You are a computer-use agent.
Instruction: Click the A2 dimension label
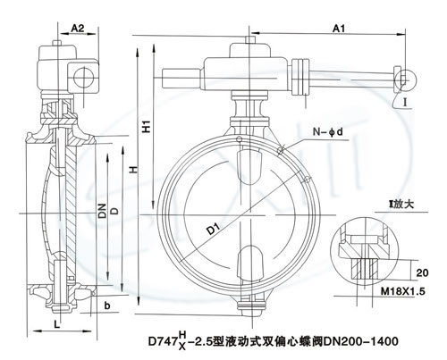tap(78, 28)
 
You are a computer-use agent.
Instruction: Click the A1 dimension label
tap(339, 29)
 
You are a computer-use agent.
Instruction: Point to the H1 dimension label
tap(147, 126)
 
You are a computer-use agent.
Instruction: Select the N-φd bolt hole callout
tap(327, 131)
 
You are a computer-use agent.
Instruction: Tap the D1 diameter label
tap(214, 229)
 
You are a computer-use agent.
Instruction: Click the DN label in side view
tap(102, 211)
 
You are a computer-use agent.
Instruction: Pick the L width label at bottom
tap(57, 324)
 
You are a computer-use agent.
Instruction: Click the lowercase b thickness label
tap(107, 306)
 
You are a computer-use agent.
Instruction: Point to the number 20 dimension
tap(421, 272)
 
